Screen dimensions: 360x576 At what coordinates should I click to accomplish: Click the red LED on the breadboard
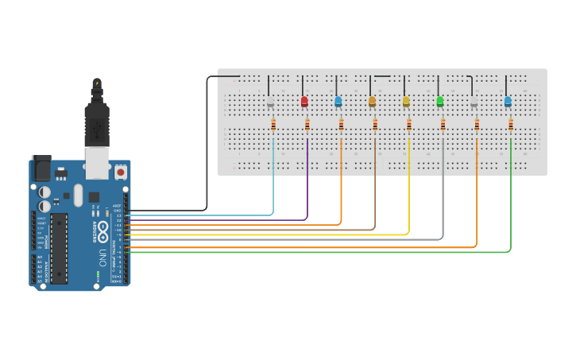pos(304,102)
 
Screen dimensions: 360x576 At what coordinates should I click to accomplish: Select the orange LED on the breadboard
pos(372,102)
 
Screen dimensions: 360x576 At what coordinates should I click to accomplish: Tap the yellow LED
pos(406,102)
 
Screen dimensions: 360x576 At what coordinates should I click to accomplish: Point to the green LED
pos(440,102)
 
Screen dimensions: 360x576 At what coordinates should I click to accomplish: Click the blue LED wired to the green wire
pos(508,102)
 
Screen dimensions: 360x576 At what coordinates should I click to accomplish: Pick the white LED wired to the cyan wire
pos(270,103)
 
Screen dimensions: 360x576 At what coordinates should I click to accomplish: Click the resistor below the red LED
pos(307,124)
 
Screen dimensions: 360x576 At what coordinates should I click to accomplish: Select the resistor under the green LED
pos(443,124)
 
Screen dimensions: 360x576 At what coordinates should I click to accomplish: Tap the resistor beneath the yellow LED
pos(409,124)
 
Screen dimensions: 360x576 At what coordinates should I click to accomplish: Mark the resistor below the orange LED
pos(375,124)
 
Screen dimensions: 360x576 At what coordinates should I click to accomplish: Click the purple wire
pos(307,183)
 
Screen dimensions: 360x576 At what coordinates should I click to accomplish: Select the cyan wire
pos(273,183)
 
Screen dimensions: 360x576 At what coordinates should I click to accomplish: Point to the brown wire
pos(375,191)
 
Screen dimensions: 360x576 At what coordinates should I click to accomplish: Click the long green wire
pos(510,199)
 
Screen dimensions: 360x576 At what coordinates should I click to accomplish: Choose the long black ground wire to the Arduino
pos(207,143)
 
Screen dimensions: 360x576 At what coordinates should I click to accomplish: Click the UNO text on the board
pos(102,258)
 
